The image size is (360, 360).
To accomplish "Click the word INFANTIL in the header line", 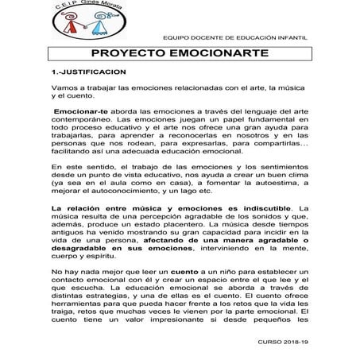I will pyautogui.click(x=296, y=37).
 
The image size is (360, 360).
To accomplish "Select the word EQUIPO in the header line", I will pyautogui.click(x=175, y=37).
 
